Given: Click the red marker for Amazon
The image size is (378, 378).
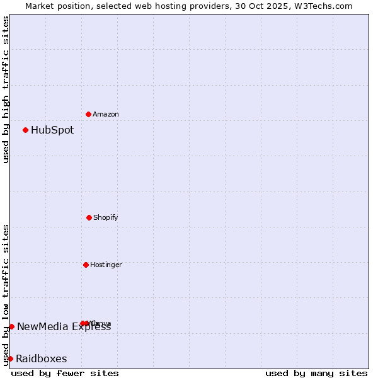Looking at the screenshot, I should (x=88, y=114).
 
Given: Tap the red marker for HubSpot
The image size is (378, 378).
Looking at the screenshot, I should (x=25, y=130).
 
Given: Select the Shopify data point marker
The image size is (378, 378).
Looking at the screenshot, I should (x=89, y=217).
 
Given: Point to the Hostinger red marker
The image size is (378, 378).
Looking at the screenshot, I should (x=86, y=265).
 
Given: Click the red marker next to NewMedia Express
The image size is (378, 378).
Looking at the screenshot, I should (x=11, y=326).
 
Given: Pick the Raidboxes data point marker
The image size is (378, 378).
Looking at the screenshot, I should (x=10, y=358).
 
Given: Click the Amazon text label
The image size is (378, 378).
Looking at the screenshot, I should (x=106, y=114).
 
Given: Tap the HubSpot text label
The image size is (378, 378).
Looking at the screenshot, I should (x=52, y=130).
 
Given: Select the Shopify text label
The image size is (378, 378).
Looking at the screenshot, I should (x=106, y=217).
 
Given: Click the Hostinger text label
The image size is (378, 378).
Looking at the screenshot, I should (x=106, y=265).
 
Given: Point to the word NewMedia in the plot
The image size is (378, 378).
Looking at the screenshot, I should (x=40, y=326).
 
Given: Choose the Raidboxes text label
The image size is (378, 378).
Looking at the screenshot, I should (x=42, y=359).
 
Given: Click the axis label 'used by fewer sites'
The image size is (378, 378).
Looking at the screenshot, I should (x=65, y=373).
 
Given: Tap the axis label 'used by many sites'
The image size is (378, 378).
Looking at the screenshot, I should (x=316, y=373).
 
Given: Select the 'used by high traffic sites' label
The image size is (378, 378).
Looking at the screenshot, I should (x=6, y=89).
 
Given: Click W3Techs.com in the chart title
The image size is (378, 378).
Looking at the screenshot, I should (x=325, y=6).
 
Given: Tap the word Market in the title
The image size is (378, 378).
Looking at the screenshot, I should (x=40, y=6).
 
